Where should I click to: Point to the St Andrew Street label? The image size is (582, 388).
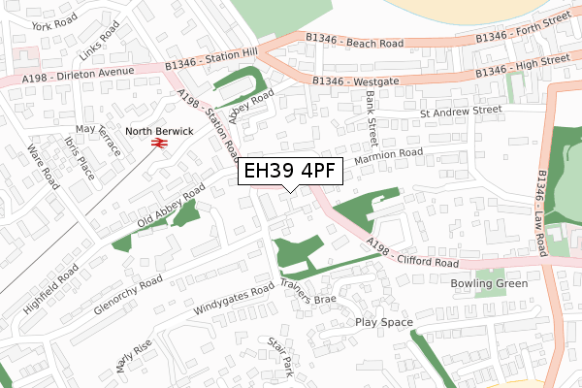tap(460, 111)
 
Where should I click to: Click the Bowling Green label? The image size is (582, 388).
tap(489, 283)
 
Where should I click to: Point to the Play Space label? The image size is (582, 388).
tap(384, 322)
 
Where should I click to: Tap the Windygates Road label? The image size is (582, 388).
tap(234, 300)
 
